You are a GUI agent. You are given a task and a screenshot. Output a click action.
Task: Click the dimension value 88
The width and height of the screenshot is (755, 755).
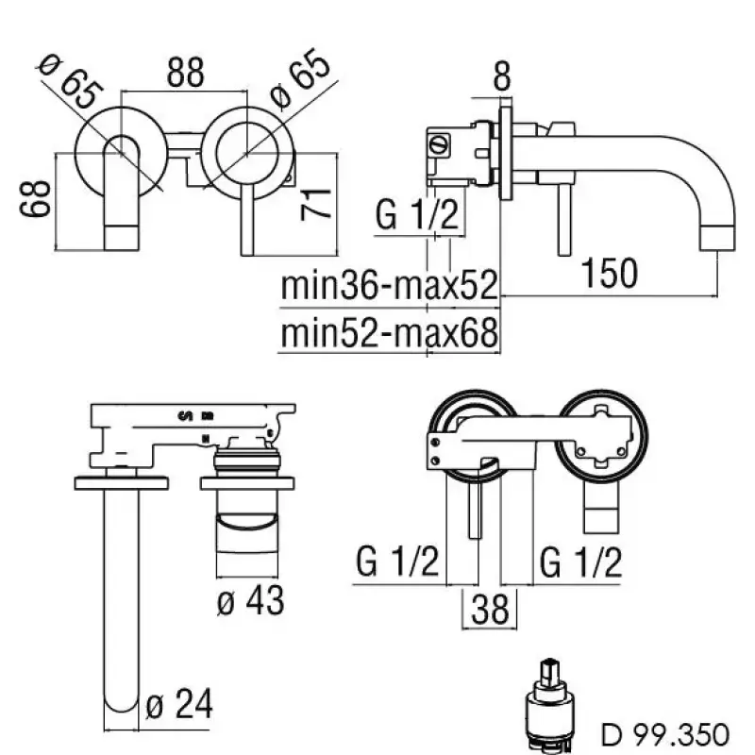[x=185, y=73]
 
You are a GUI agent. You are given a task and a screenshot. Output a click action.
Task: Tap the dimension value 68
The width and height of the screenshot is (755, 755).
[x=35, y=199]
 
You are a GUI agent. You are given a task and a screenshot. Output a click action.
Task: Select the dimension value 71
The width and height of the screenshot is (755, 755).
[x=316, y=205]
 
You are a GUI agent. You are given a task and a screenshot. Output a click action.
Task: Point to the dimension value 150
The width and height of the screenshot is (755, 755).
[x=610, y=274]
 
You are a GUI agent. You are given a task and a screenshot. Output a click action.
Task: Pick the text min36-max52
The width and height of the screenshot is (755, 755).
[x=389, y=286]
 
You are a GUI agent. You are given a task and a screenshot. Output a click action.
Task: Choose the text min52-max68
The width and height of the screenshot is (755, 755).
[x=389, y=333]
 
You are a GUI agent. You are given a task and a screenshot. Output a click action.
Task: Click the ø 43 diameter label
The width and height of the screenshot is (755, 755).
[x=250, y=600]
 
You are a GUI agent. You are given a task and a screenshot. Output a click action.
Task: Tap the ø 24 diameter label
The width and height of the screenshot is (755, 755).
[x=178, y=704]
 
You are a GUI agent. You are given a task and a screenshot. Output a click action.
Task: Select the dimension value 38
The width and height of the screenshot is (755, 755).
[x=490, y=610]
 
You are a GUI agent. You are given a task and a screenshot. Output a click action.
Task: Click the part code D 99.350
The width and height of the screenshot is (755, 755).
[x=665, y=735]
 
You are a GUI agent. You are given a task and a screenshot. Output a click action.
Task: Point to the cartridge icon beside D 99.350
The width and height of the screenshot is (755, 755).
[x=549, y=706]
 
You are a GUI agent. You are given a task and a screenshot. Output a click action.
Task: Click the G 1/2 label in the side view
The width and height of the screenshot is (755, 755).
[x=417, y=215]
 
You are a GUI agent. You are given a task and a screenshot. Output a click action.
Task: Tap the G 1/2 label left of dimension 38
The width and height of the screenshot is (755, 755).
[x=397, y=562]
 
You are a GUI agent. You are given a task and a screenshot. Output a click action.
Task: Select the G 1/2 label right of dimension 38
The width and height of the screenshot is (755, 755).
[x=580, y=562]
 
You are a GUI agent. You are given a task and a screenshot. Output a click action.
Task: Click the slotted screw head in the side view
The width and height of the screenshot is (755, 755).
[x=439, y=144]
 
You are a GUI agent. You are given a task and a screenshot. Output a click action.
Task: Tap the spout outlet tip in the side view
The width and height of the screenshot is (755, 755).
[x=717, y=240]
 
